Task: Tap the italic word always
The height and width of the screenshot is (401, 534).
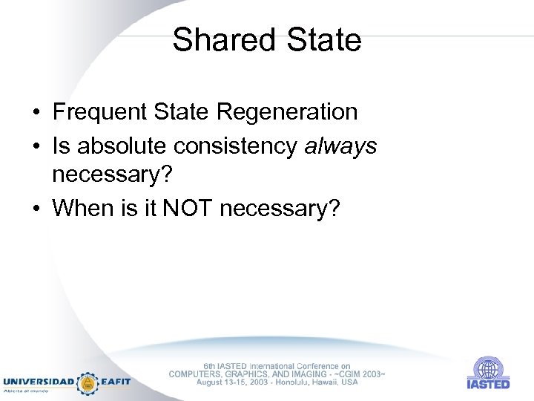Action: pos(340,146)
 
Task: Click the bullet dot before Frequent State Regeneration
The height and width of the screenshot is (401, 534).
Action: pos(36,113)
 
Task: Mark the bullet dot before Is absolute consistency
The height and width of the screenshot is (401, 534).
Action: pos(36,147)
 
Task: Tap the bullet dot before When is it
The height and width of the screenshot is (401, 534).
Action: pos(36,209)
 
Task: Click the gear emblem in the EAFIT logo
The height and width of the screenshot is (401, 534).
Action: pos(88,382)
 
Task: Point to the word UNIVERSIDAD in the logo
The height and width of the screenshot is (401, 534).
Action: pos(39,382)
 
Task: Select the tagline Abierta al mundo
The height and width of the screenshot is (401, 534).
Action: pos(27,390)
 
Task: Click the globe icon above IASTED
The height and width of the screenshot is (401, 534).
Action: pos(488,368)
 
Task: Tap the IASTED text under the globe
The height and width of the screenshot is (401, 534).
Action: pos(488,384)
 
